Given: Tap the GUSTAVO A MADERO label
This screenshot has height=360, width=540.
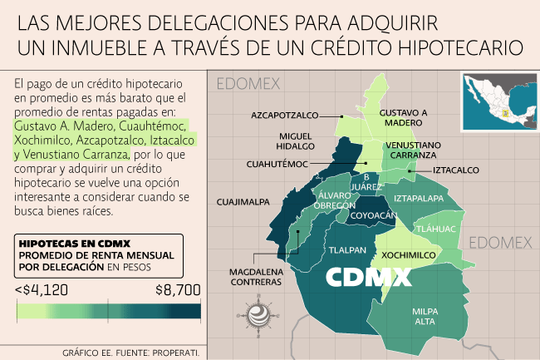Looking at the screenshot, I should [403, 117].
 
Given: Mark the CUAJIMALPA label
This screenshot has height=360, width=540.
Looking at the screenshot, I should [241, 201].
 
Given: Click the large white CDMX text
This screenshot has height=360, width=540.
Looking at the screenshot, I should [368, 277].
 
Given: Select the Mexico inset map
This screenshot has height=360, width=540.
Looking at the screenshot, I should [495, 97].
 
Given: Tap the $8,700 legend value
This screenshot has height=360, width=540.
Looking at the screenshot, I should [177, 290].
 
